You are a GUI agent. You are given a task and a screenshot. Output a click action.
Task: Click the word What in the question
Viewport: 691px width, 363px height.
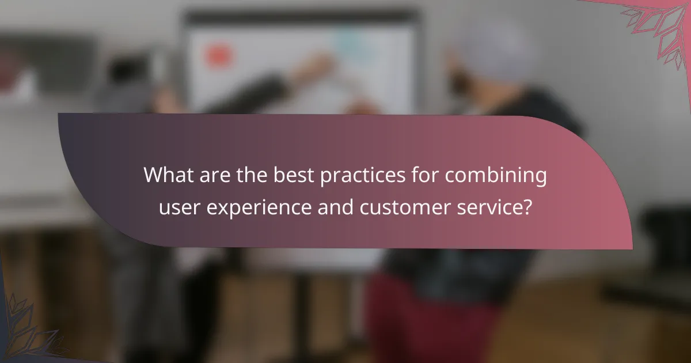pyautogui.click(x=166, y=175)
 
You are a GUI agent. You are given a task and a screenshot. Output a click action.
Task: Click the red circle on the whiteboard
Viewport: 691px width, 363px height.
pyautogui.click(x=217, y=55)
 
